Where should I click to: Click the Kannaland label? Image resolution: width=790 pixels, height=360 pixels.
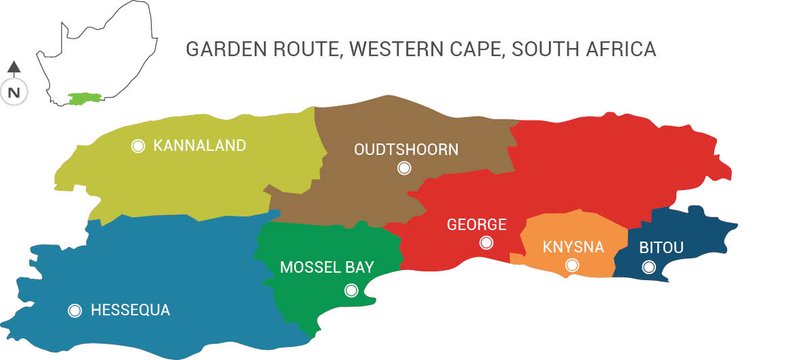(x=200, y=145)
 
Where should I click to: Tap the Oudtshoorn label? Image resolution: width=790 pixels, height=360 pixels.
(x=406, y=150)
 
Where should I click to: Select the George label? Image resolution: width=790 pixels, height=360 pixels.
(x=477, y=225)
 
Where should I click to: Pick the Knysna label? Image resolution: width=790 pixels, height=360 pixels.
(x=573, y=247)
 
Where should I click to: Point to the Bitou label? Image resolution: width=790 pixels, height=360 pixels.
(x=661, y=248)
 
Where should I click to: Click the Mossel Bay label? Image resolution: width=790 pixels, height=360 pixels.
(x=327, y=267)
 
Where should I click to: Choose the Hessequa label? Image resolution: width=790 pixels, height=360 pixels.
(x=130, y=311)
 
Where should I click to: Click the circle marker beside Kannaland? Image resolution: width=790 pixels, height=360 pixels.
(x=138, y=146)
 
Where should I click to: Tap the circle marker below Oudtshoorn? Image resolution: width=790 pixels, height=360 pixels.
(x=404, y=168)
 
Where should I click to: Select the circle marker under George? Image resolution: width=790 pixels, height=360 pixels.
(x=486, y=243)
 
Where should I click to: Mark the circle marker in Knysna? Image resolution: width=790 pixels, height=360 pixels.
(x=572, y=265)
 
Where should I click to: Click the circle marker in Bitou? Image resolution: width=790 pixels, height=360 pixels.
(x=649, y=267)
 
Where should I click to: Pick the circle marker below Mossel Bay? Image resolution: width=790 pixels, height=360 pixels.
(x=351, y=290)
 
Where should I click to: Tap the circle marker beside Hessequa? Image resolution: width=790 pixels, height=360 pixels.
(x=75, y=311)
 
